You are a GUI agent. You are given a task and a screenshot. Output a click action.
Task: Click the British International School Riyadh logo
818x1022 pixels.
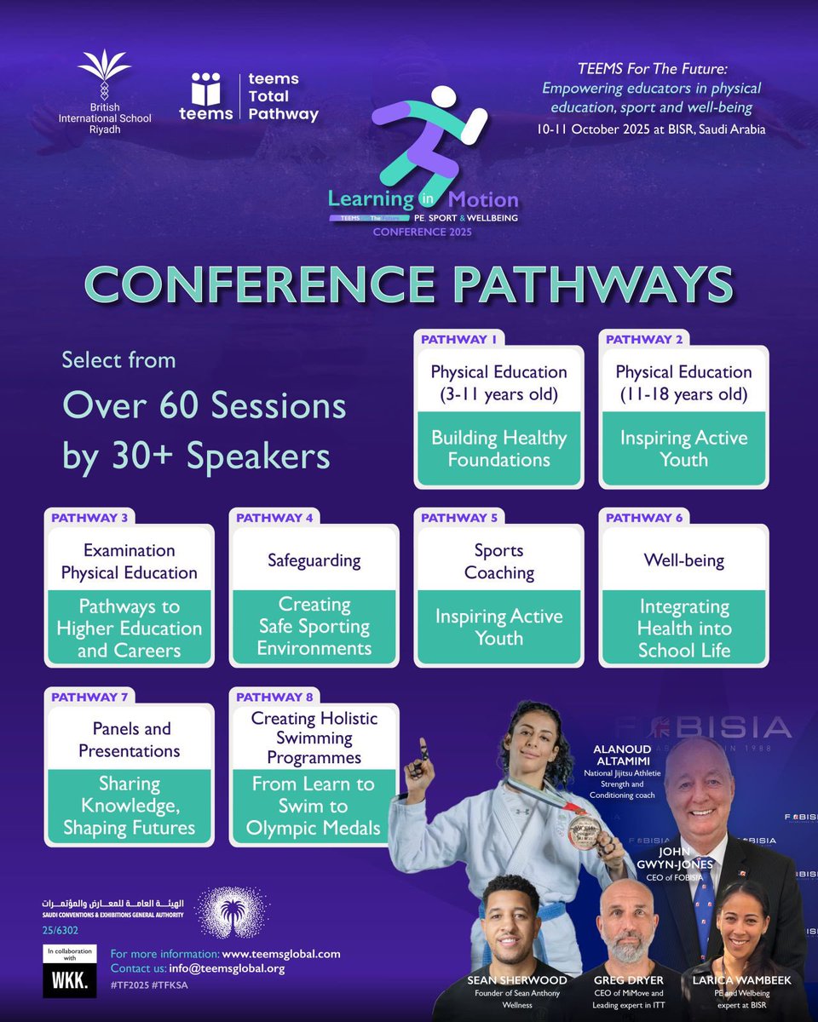(104, 85)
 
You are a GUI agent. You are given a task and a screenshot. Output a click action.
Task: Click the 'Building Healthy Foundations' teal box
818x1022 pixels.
(498, 449)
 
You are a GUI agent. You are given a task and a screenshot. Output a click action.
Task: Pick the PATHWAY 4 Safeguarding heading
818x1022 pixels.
(314, 560)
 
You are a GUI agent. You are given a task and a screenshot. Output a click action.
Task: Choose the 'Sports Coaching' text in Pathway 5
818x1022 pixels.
(498, 561)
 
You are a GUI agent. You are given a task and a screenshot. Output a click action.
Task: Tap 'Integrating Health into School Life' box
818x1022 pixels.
(684, 629)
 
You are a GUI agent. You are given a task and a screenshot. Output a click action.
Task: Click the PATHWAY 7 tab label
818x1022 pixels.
(89, 697)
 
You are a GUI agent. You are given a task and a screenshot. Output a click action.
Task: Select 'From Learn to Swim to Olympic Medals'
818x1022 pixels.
(314, 806)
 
